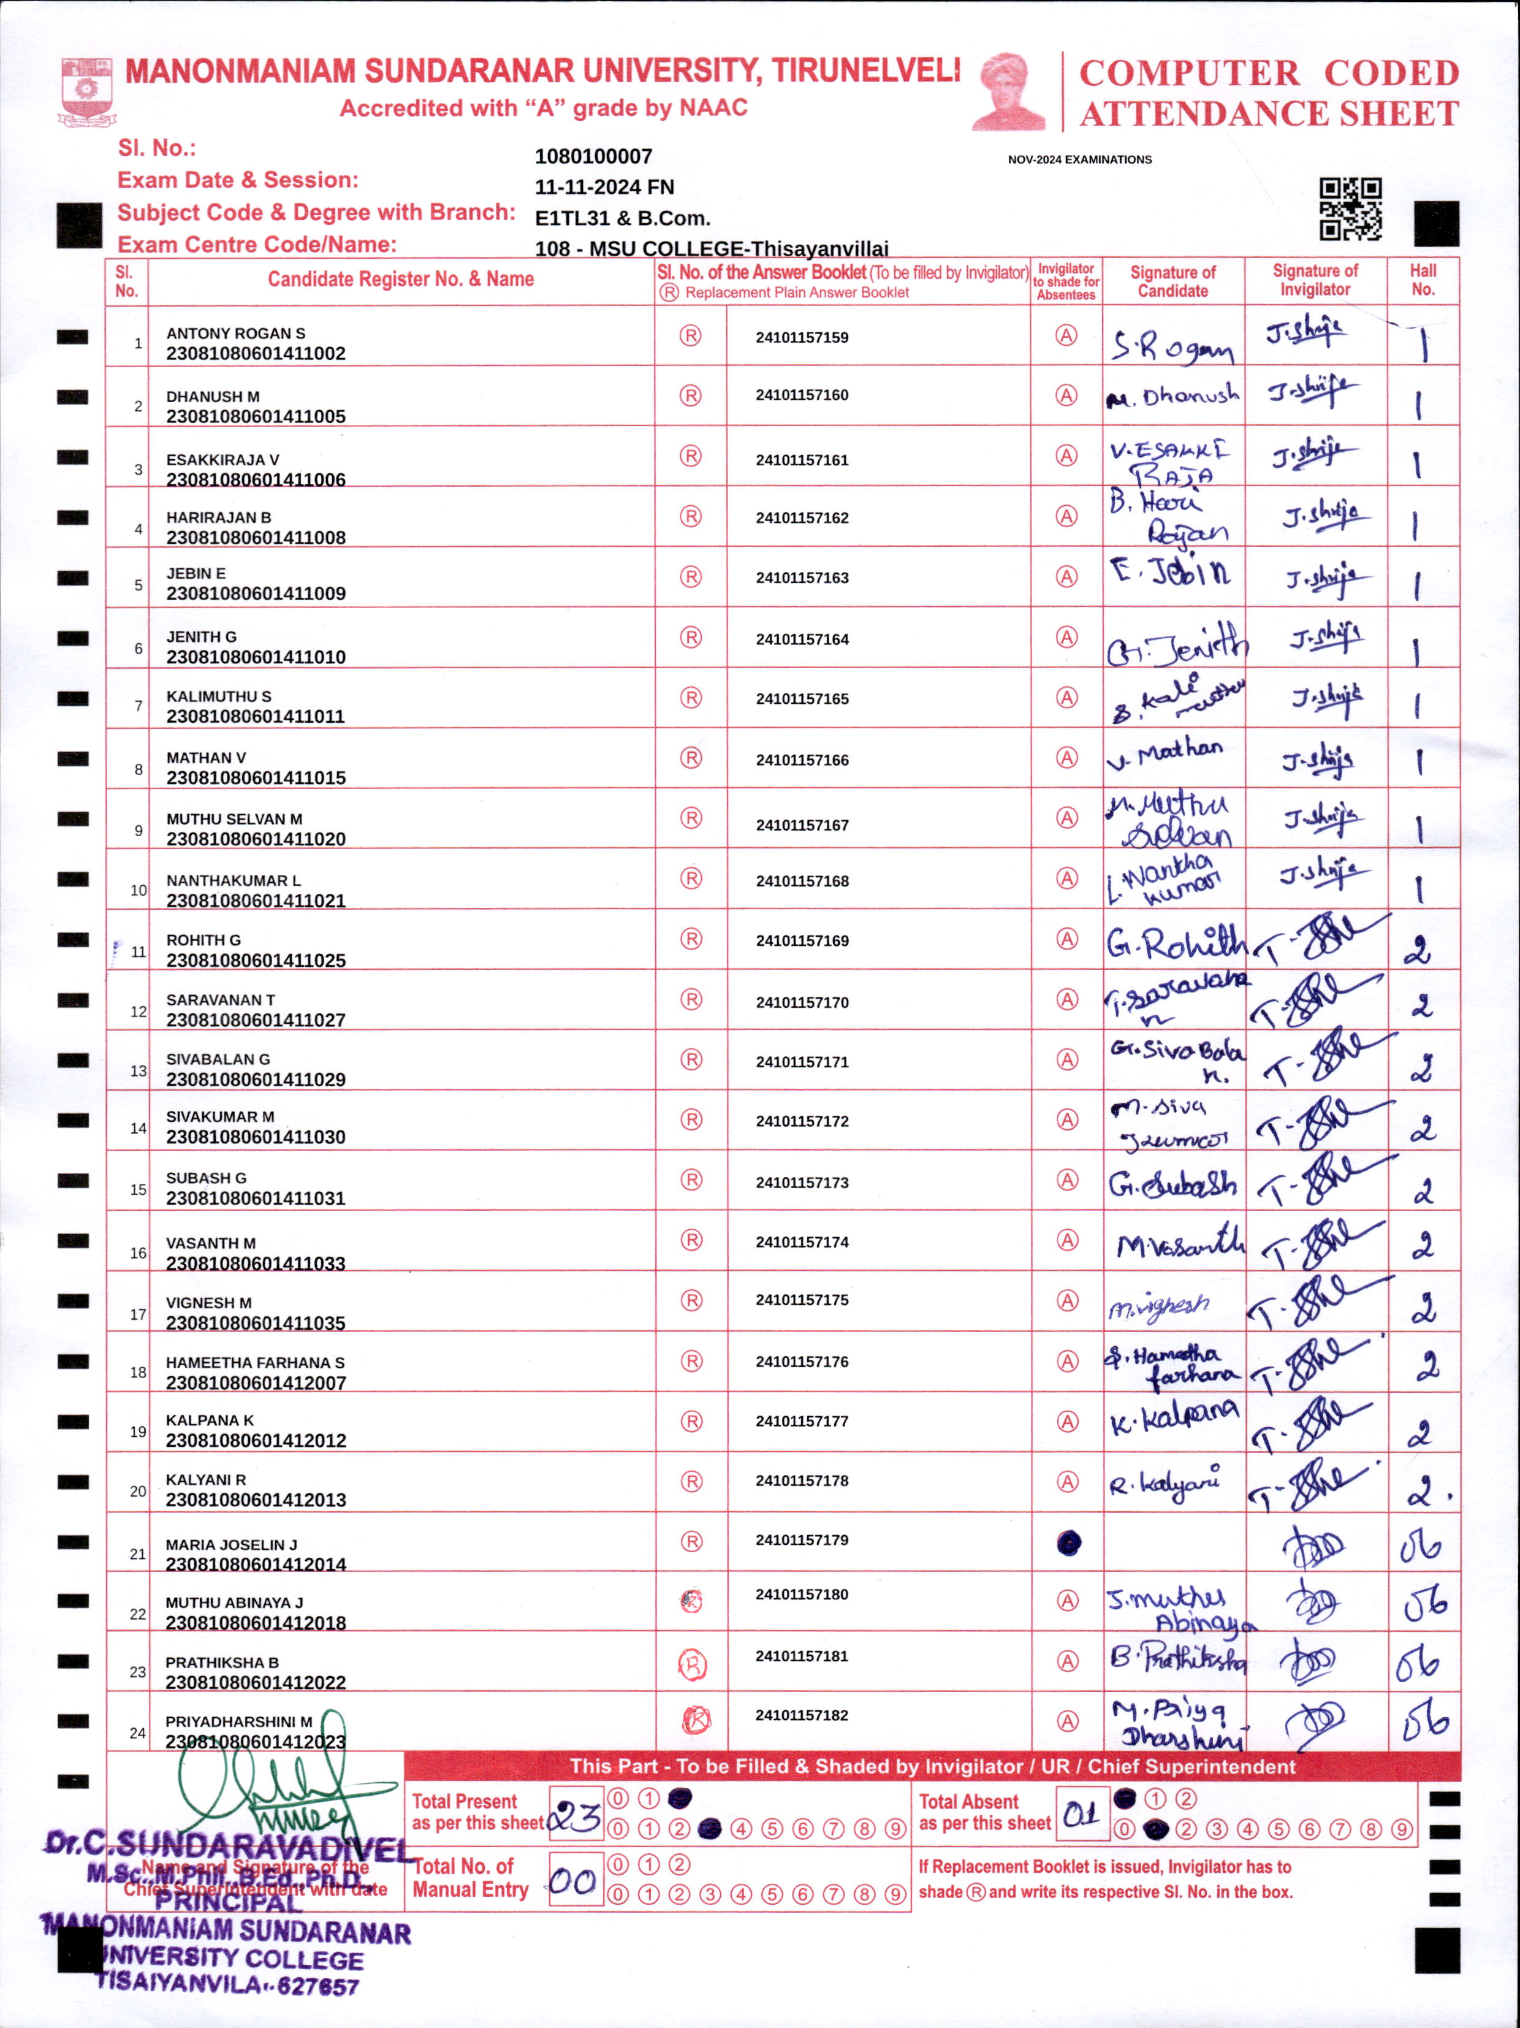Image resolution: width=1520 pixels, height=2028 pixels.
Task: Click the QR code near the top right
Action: coord(1350,209)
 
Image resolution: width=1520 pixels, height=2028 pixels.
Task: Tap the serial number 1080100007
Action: coord(593,157)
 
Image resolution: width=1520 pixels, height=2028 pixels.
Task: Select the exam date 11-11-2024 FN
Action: coord(604,187)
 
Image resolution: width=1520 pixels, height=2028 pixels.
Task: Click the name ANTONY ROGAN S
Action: coord(235,334)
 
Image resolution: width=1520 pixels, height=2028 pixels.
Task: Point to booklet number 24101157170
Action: coord(802,1002)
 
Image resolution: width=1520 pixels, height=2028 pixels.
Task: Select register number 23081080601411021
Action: coord(256,901)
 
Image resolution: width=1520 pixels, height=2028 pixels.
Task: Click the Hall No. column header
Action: coord(1423,280)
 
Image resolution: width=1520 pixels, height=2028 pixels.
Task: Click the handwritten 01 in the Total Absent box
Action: coord(1081,1813)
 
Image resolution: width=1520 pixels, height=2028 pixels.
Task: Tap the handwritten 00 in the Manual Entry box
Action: coord(574,1882)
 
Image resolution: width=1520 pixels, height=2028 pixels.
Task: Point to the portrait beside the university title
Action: coord(1008,92)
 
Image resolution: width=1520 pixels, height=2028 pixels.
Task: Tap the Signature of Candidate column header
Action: coord(1172,281)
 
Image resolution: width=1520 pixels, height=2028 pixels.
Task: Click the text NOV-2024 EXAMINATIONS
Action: coord(1079,159)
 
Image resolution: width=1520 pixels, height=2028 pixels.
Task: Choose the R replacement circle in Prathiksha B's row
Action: coord(692,1663)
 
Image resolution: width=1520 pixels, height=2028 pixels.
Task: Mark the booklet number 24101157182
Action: coord(802,1715)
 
